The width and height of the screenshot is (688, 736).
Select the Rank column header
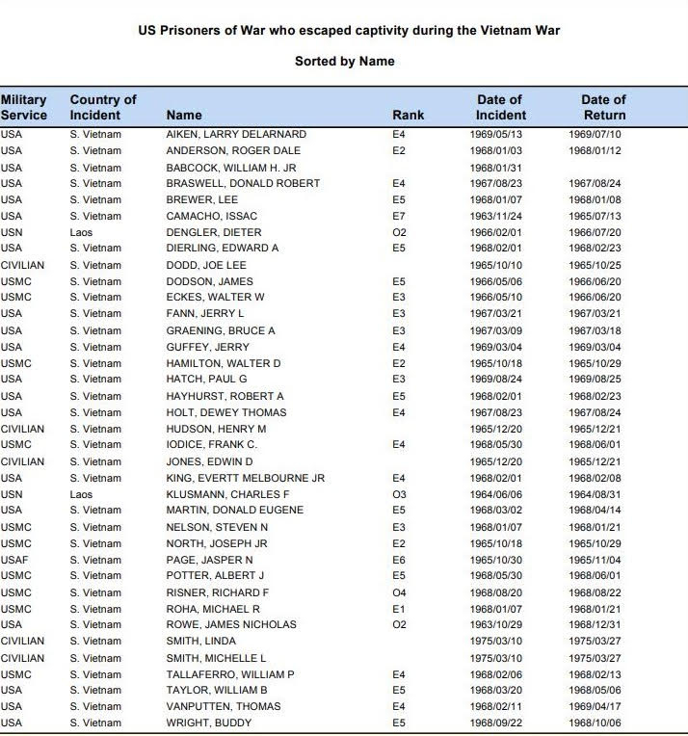(x=408, y=116)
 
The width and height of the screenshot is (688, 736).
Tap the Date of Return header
(x=603, y=107)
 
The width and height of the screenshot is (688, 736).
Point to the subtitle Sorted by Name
(x=344, y=61)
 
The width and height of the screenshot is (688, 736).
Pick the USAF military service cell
(x=13, y=560)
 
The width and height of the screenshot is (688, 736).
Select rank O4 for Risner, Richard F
(x=400, y=592)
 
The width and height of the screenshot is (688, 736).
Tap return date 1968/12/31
(x=595, y=625)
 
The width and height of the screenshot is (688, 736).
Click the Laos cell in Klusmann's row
(x=82, y=494)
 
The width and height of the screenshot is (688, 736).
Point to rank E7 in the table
(x=399, y=216)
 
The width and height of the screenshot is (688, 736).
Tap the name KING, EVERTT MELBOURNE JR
(x=245, y=478)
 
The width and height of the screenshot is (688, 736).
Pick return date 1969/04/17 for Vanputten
(x=595, y=706)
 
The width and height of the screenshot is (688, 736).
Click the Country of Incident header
(x=103, y=107)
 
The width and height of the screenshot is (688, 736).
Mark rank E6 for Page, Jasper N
(x=399, y=560)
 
